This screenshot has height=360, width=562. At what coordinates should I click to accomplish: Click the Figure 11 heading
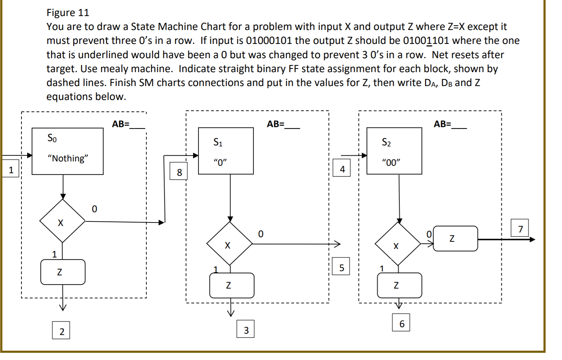[x=68, y=13]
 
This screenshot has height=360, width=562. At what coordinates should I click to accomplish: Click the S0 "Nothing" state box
[x=67, y=151]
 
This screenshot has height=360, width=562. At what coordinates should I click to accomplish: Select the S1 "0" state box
[x=226, y=151]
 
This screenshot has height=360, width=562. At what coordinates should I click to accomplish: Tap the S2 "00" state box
[x=394, y=151]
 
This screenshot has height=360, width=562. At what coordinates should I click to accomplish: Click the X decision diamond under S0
[x=62, y=221]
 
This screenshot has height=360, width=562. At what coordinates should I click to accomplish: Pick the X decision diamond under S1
[x=229, y=244]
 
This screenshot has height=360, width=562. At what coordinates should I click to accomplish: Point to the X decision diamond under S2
[x=398, y=244]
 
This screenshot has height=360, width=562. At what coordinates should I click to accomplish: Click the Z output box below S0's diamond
[x=63, y=272]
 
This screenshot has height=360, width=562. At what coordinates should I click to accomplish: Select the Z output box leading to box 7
[x=455, y=239]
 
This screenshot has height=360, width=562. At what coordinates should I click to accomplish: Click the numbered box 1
[x=11, y=170]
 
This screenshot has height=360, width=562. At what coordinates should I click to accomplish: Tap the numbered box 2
[x=62, y=331]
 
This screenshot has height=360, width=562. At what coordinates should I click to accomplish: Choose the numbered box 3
[x=246, y=330]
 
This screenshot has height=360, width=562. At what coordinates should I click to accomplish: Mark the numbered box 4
[x=342, y=169]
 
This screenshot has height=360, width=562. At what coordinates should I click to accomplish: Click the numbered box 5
[x=341, y=267]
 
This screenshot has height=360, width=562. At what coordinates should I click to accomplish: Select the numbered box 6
[x=401, y=323]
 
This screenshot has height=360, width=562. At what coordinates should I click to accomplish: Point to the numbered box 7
[x=520, y=229]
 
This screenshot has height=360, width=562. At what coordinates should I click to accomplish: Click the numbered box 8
[x=179, y=172]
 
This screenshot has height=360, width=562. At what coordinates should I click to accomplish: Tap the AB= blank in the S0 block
[x=137, y=125]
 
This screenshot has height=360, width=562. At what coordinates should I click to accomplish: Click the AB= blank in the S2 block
[x=459, y=125]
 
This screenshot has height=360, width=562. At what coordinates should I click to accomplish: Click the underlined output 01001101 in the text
[x=426, y=41]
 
